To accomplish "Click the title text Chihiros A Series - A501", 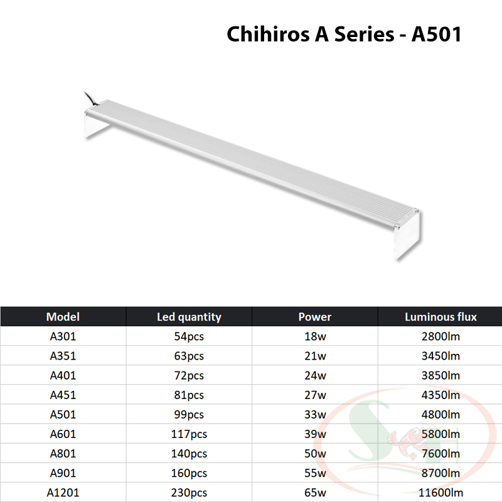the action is click(x=344, y=34).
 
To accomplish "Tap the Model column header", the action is click(x=63, y=317).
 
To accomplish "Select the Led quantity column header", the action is click(x=189, y=317).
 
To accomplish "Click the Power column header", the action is click(x=315, y=317).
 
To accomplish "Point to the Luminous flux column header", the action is click(x=441, y=317).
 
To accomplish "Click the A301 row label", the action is click(x=63, y=336).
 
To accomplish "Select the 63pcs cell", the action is click(x=189, y=356).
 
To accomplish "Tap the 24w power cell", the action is click(x=315, y=375).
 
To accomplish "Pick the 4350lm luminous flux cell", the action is click(x=441, y=395).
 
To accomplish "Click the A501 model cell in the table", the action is click(x=63, y=414).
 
